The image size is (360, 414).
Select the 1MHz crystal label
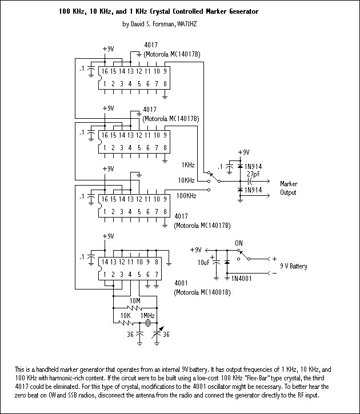point(148,315)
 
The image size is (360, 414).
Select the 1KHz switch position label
point(188,164)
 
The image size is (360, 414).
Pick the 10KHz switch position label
point(186,180)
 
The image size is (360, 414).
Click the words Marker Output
point(289,188)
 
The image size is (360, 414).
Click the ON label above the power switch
point(239,242)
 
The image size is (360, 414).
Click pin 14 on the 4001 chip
point(105,262)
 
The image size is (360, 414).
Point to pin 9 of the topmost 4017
point(165,71)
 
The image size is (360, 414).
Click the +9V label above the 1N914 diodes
point(243,152)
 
